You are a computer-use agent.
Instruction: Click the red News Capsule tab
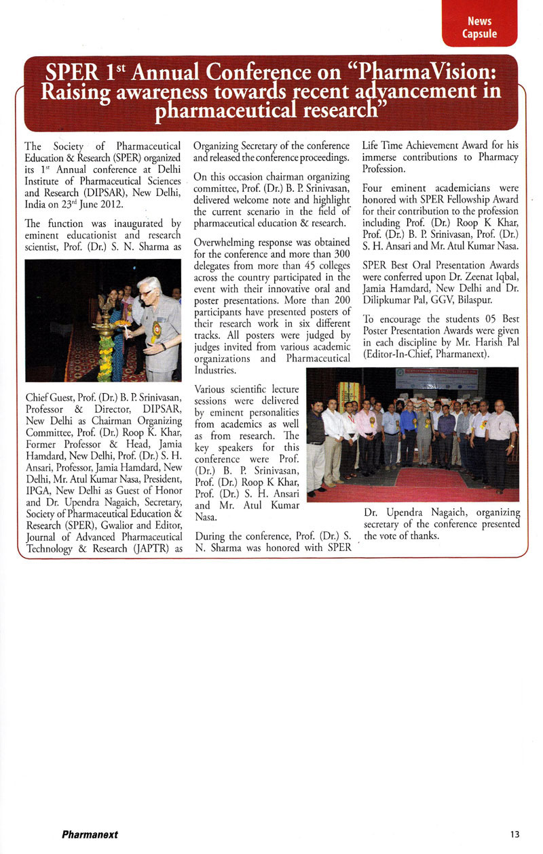coord(479,27)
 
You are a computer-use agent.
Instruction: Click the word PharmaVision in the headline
coord(428,71)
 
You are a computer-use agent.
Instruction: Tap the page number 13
coord(515,834)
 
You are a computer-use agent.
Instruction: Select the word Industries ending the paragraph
coord(215,371)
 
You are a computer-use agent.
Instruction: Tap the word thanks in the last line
coord(422,535)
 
